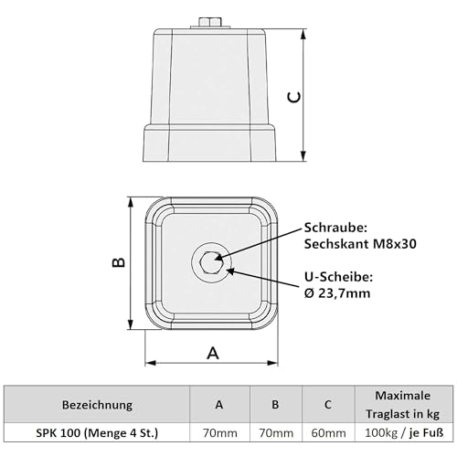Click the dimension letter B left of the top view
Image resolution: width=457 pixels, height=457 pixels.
(x=117, y=262)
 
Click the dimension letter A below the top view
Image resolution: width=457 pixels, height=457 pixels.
(x=212, y=352)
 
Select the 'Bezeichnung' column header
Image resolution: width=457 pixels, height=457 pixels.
(x=97, y=404)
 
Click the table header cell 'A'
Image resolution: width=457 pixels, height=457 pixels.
(x=218, y=404)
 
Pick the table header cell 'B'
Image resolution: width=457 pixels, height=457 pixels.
(x=276, y=404)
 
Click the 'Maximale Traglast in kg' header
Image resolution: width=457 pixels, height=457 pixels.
(x=402, y=404)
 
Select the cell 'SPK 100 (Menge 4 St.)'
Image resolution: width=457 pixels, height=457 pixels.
(x=97, y=432)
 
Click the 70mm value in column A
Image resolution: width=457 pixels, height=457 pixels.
(x=218, y=432)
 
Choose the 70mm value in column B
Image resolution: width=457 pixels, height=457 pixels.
(x=276, y=432)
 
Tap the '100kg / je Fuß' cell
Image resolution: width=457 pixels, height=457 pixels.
(x=402, y=432)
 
